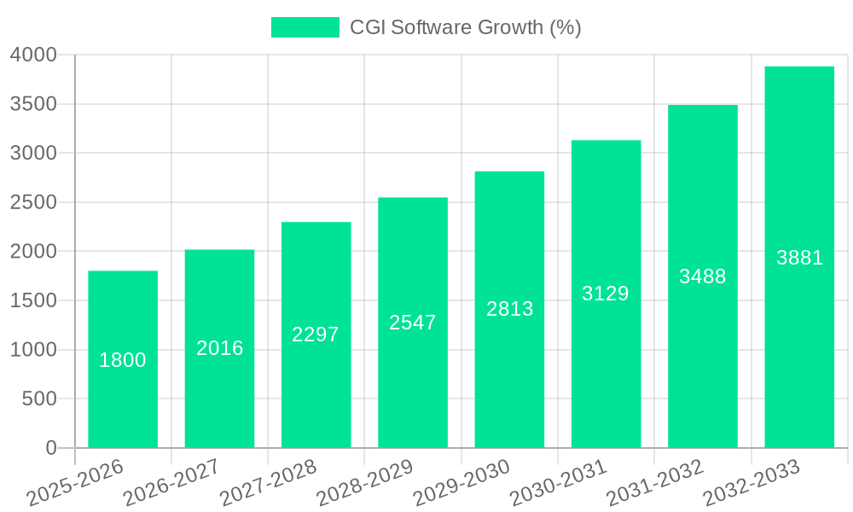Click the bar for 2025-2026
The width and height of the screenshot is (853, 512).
click(123, 401)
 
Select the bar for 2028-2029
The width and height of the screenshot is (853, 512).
click(413, 384)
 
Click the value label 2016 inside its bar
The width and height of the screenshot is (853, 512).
click(220, 348)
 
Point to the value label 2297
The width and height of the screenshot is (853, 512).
click(316, 335)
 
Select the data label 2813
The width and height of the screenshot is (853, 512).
click(509, 309)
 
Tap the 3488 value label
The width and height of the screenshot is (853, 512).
click(702, 276)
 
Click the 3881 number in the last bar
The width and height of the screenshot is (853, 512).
click(799, 258)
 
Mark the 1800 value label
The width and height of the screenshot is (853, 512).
click(123, 360)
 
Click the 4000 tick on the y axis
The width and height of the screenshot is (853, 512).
click(33, 55)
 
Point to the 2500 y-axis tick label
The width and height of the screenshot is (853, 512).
click(33, 203)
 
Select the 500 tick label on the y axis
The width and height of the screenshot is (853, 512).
click(39, 399)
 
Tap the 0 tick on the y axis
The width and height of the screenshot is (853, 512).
click(51, 448)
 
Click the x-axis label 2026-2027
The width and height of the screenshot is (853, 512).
click(171, 483)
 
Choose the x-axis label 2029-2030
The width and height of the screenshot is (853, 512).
click(461, 483)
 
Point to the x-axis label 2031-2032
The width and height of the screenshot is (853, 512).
click(654, 483)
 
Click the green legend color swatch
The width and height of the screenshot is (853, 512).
click(305, 27)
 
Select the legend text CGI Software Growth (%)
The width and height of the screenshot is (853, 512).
click(465, 27)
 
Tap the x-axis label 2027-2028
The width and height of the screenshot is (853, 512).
click(268, 483)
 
